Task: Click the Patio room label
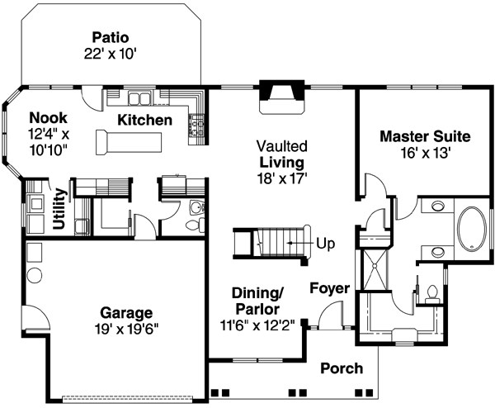pyautogui.click(x=111, y=37)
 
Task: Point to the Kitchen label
pyautogui.click(x=145, y=121)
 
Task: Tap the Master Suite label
pyautogui.click(x=425, y=135)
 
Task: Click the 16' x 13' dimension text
pyautogui.click(x=425, y=152)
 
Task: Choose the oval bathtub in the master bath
pyautogui.click(x=474, y=229)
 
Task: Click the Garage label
pyautogui.click(x=127, y=313)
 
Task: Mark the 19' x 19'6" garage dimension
pyautogui.click(x=127, y=329)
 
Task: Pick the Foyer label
pyautogui.click(x=329, y=289)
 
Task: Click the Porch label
pyautogui.click(x=341, y=368)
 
